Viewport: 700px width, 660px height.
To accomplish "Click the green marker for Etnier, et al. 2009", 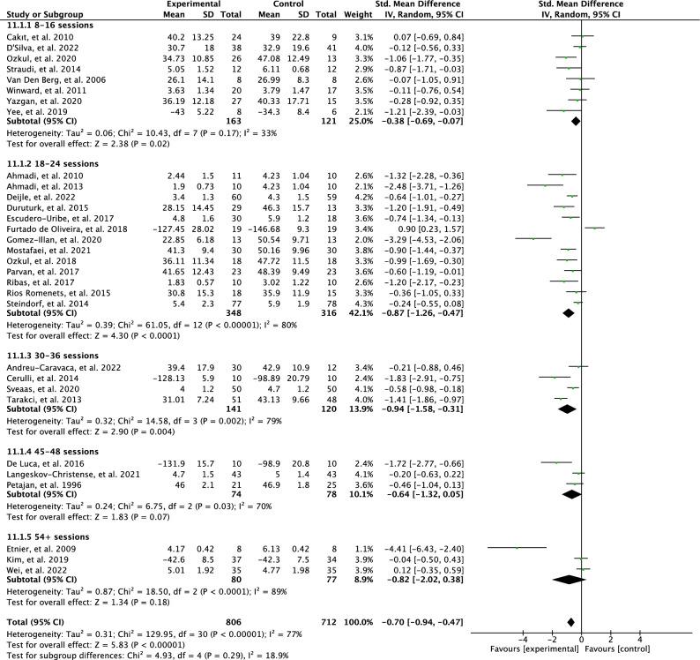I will [518, 548].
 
